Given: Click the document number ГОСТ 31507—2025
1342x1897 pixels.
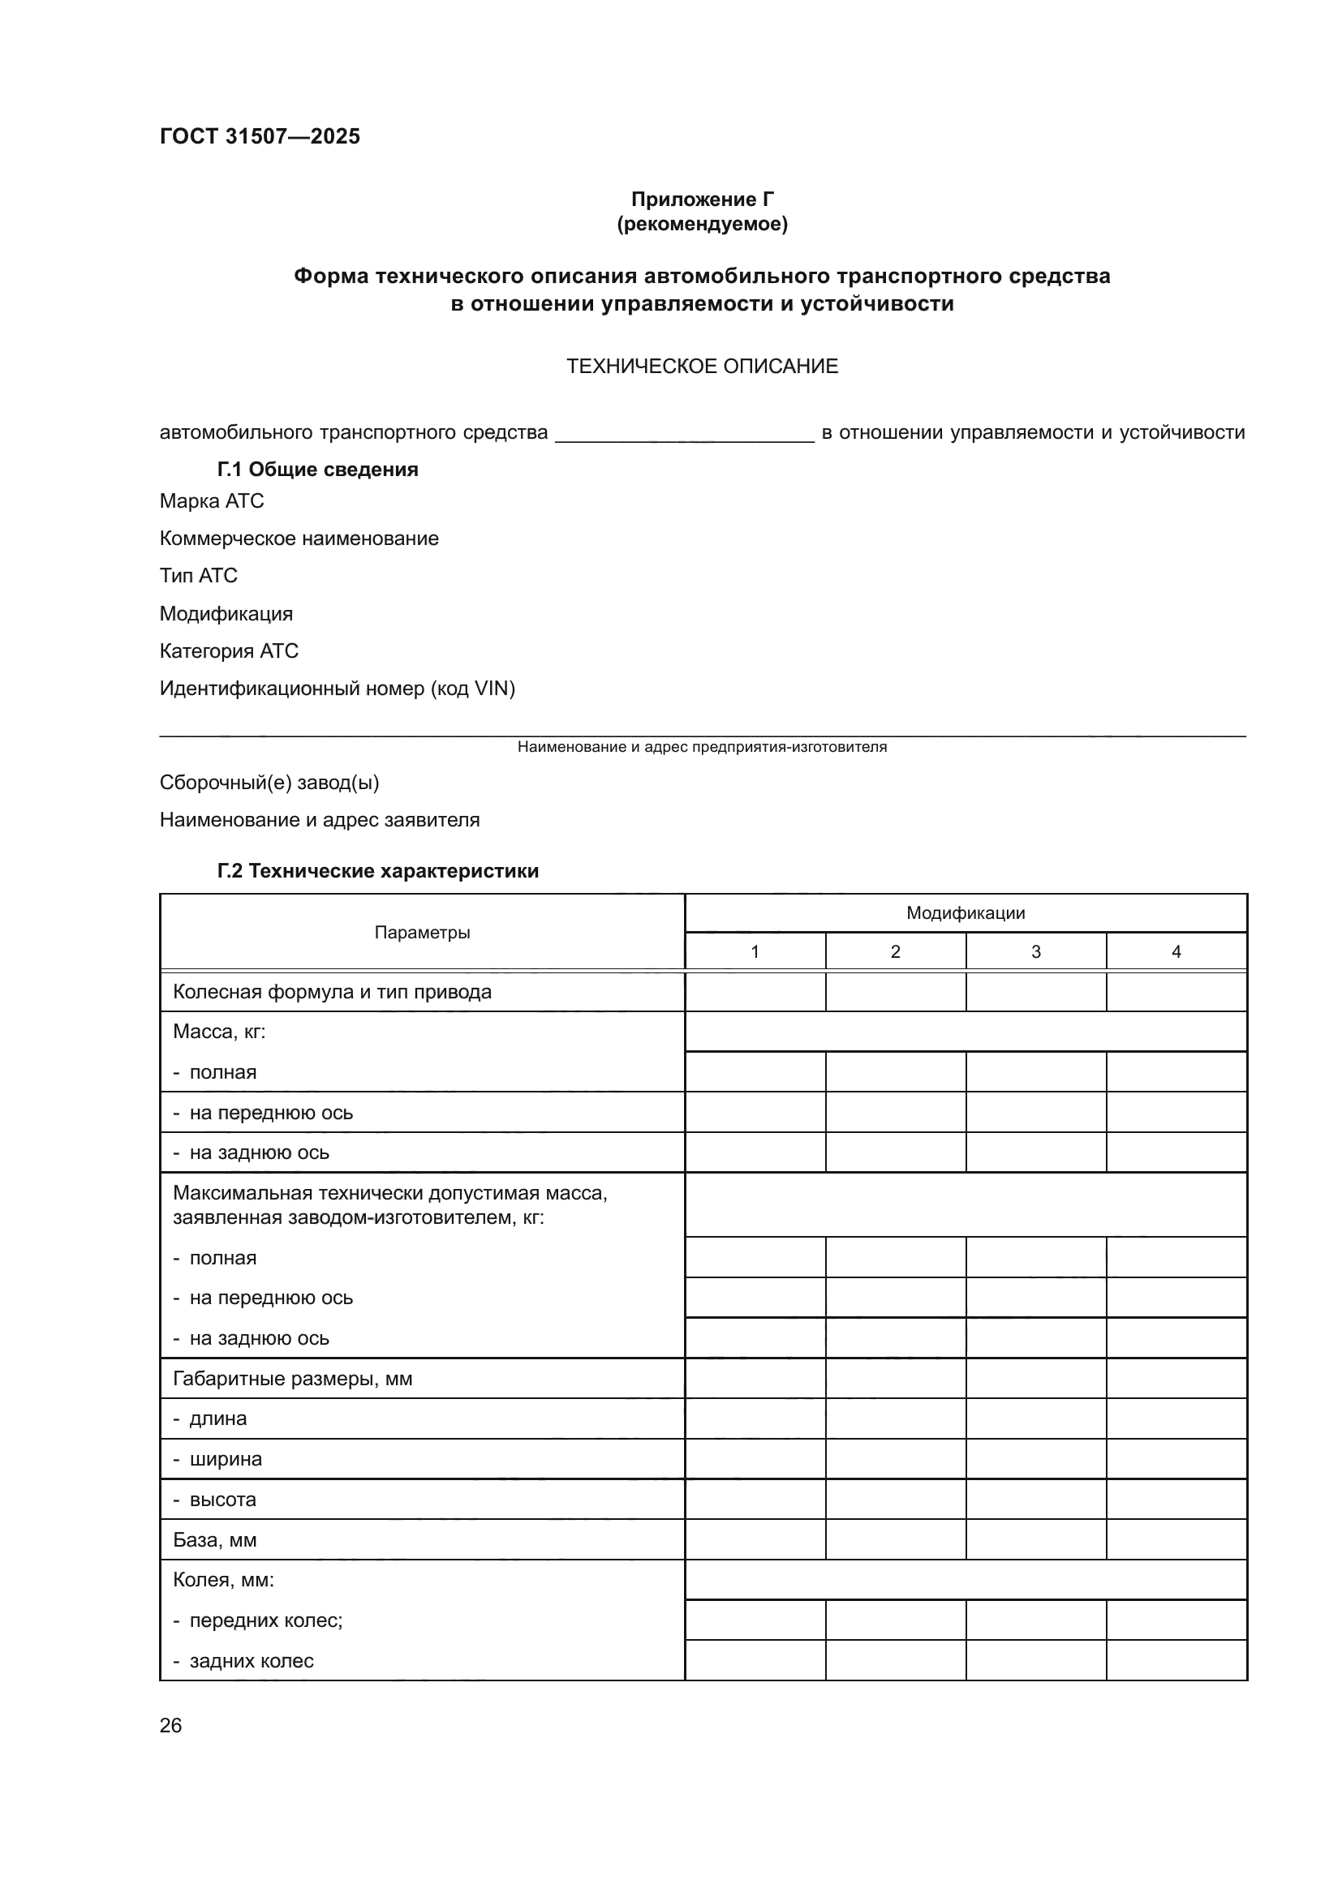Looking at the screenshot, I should pos(260,136).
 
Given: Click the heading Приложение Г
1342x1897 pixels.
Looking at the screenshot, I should pos(702,200).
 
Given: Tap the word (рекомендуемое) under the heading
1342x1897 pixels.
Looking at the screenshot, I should pos(702,224).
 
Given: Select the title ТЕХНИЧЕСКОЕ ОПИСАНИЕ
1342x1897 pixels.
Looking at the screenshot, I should pos(702,366).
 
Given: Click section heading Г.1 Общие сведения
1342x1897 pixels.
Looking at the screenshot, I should pos(317,470).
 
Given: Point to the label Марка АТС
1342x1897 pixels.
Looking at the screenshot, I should pos(212,500).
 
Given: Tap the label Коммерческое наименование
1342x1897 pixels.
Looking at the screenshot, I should pos(299,539).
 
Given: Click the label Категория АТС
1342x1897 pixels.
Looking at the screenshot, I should pos(228,651).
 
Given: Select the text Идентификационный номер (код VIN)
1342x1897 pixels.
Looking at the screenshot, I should pos(337,689).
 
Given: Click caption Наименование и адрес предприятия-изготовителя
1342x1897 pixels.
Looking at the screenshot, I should pos(702,747).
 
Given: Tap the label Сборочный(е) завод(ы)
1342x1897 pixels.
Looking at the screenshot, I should pos(269,783).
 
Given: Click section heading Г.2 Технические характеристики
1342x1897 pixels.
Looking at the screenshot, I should pos(377,871).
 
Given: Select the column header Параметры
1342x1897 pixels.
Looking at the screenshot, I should pos(421,933).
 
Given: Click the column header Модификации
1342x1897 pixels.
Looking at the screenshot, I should pos(966,913).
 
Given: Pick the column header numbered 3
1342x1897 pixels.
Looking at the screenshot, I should pos(1035,952).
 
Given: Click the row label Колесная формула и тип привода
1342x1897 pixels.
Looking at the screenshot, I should pos(331,991).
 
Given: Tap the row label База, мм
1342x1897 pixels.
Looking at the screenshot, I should pos(214,1540).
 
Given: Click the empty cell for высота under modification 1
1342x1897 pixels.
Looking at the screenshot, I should pos(755,1500).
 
